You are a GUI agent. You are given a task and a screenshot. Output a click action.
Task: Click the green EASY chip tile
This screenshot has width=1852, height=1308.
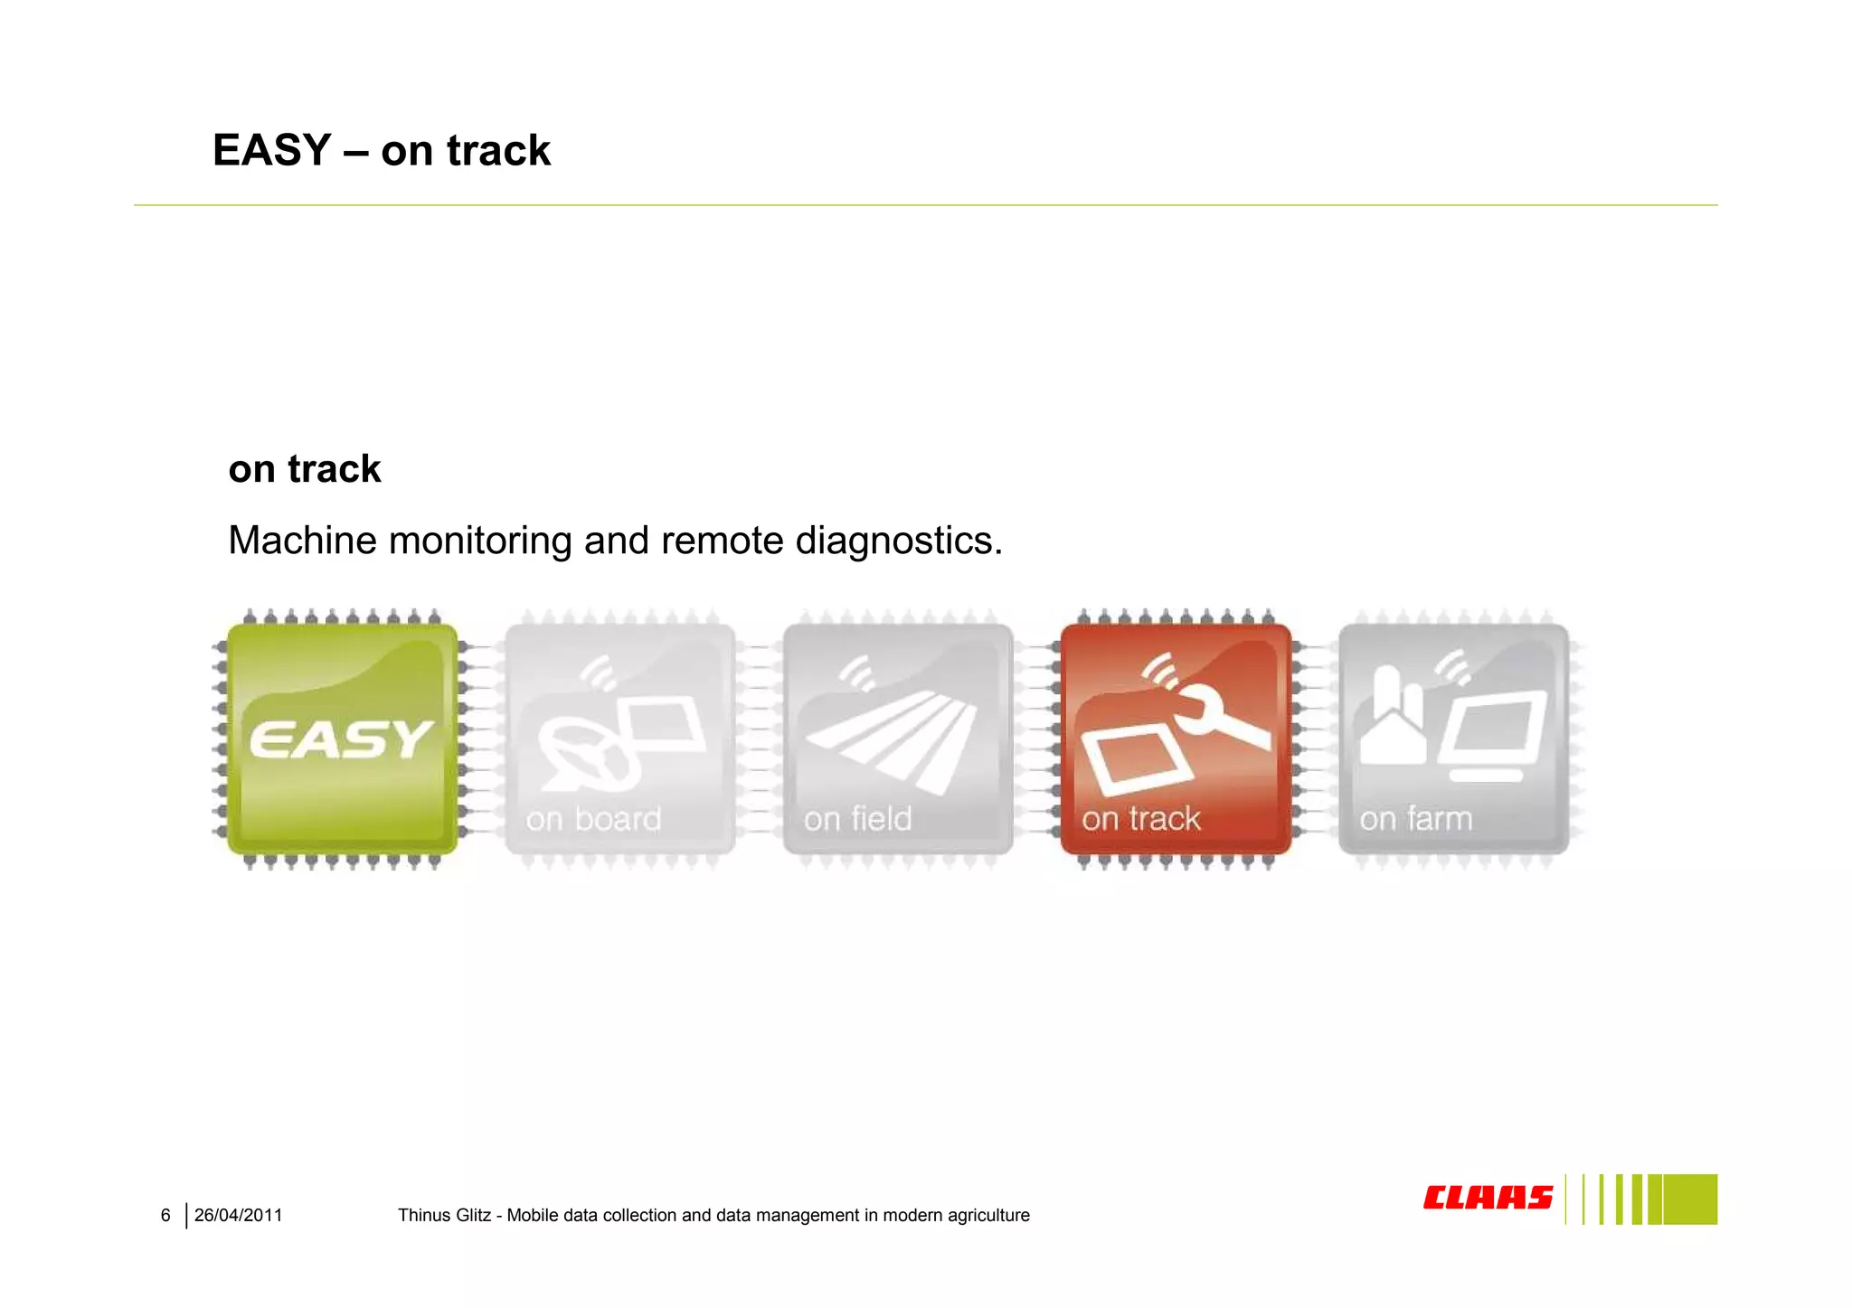[342, 739]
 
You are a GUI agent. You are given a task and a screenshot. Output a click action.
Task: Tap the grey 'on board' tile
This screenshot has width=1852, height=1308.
[619, 739]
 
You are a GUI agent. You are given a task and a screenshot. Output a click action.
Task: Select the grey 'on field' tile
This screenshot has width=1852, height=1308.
[897, 739]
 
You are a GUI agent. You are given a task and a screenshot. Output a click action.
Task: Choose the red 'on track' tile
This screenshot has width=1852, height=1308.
[1175, 739]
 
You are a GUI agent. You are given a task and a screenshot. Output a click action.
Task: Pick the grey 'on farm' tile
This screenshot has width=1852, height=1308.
[1452, 739]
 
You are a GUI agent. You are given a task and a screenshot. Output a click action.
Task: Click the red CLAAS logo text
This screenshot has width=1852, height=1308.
[1487, 1198]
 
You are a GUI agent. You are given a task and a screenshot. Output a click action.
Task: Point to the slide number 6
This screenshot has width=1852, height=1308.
[165, 1216]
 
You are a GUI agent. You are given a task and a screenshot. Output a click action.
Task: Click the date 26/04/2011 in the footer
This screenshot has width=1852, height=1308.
[238, 1216]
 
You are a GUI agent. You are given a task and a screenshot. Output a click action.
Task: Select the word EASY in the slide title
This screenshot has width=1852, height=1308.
[272, 150]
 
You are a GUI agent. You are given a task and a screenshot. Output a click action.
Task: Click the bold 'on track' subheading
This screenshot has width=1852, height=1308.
[305, 469]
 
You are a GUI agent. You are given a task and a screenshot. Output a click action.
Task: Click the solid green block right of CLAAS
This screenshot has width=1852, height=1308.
[1689, 1200]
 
